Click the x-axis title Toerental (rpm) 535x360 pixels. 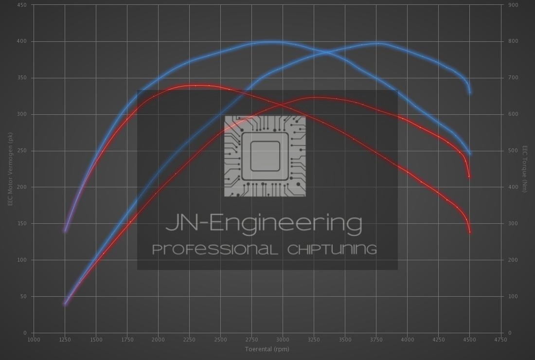(267, 349)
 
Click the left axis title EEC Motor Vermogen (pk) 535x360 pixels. (10, 169)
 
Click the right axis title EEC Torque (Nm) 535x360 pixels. (525, 169)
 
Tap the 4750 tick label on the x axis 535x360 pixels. (500, 340)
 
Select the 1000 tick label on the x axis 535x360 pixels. (34, 340)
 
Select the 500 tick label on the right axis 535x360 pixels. (513, 151)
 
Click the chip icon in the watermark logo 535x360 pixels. (265, 156)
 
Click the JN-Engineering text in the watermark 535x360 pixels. (264, 223)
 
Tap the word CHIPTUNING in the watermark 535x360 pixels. (332, 250)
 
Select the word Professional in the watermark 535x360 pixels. (215, 250)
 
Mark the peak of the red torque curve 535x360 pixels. (195, 85)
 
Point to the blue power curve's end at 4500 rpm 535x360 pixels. (470, 92)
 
